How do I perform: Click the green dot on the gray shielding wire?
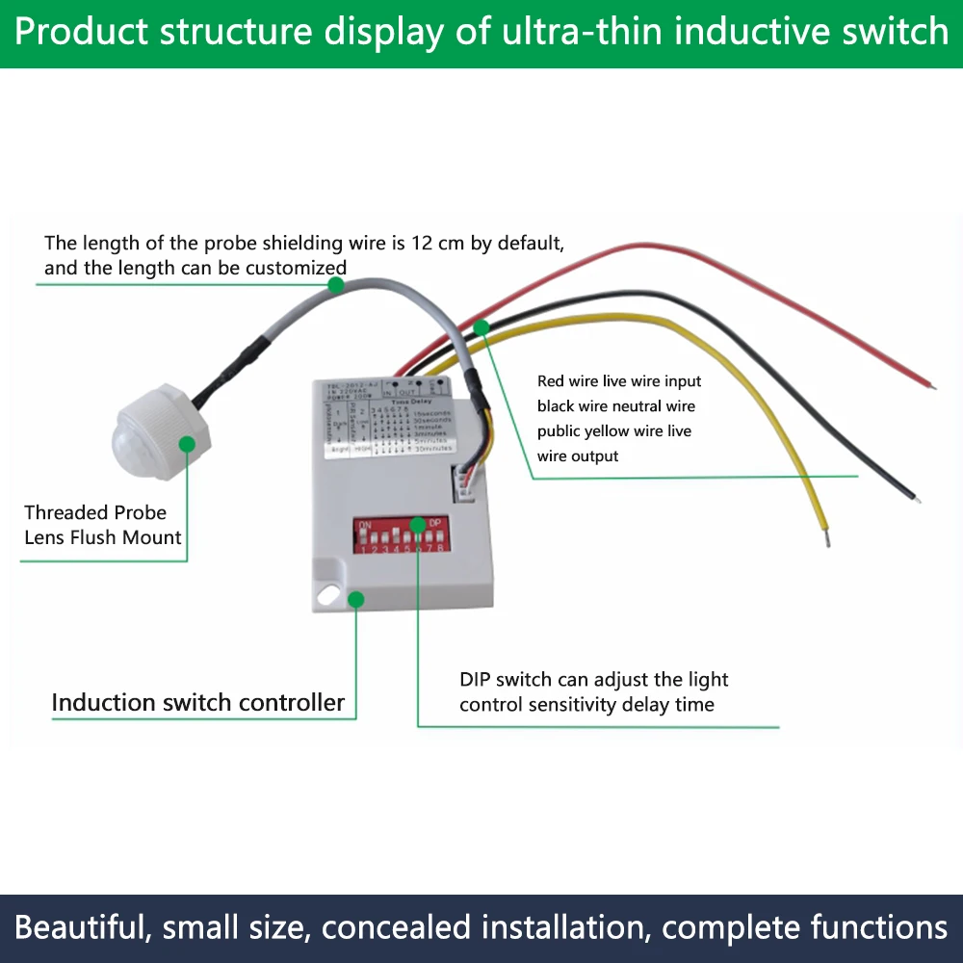pos(335,285)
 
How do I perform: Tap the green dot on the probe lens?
pos(187,443)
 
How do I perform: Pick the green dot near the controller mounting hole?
pos(355,599)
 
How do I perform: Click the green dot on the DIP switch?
pos(417,526)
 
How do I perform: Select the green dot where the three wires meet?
pos(481,328)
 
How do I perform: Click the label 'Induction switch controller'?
pos(197,703)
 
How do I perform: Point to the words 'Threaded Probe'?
pos(95,512)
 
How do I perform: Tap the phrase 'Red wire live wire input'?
pos(619,381)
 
